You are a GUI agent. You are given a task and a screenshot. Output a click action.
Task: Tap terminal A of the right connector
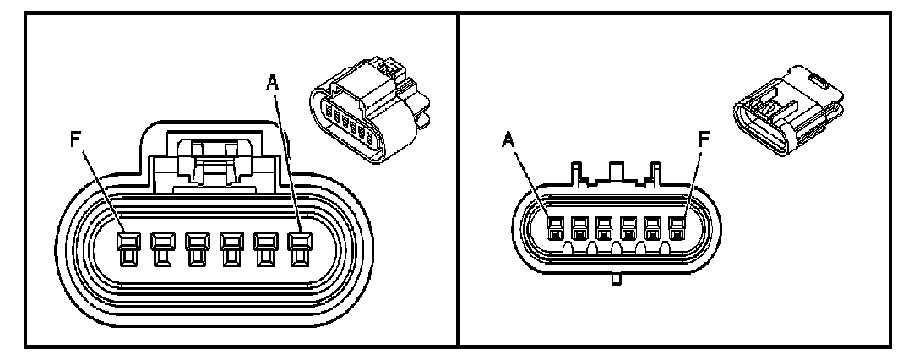coord(555,226)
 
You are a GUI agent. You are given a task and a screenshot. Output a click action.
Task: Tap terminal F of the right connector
coord(677,226)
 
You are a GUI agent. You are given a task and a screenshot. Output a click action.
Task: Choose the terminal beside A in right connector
coord(579,226)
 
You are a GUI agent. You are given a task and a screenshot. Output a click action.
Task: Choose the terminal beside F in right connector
coord(652,226)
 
